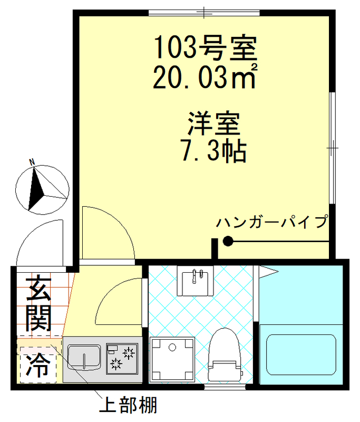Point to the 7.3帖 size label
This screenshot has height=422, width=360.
coord(213,151)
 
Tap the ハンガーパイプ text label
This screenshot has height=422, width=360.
coord(272,222)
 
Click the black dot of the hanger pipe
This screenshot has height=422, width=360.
coord(228,242)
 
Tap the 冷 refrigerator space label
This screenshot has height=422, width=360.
coord(37,362)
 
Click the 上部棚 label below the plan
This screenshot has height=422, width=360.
coord(129,406)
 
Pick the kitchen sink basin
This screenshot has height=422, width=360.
coord(85,358)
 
